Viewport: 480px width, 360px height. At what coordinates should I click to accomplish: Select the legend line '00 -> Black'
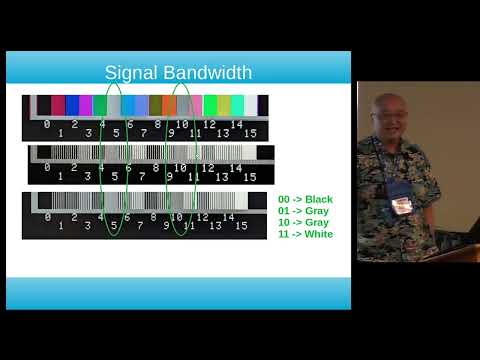pos(304,200)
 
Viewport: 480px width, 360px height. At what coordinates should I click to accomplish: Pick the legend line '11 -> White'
pos(305,234)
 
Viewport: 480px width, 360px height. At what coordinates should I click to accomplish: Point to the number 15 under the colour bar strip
pos(250,132)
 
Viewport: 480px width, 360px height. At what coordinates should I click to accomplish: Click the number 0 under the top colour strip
pos(46,124)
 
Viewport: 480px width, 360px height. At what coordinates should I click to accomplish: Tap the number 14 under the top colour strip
pos(236,125)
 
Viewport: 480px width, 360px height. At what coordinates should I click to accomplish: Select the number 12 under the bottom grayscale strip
pos(208,216)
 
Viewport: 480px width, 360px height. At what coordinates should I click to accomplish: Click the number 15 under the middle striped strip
pos(250,176)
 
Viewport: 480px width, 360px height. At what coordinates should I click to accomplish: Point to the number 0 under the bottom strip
pos(46,216)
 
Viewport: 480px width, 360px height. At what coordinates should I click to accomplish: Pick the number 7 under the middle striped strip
pos(143,176)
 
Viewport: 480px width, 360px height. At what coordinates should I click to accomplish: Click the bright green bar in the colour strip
pos(210,105)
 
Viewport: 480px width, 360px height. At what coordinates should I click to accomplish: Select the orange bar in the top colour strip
pos(156,105)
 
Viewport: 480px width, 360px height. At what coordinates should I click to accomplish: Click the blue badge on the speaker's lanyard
pos(401,205)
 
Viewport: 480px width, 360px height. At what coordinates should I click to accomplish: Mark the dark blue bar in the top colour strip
pos(72,105)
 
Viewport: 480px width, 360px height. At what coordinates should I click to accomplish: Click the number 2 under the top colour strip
pos(74,125)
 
